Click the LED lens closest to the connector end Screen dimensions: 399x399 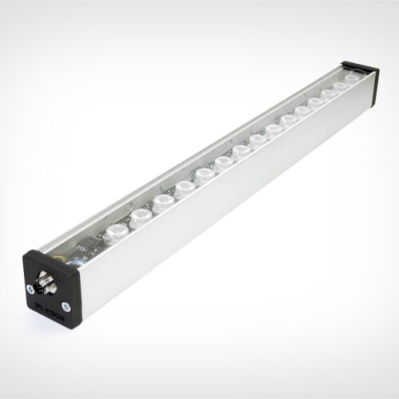[x=117, y=235]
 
